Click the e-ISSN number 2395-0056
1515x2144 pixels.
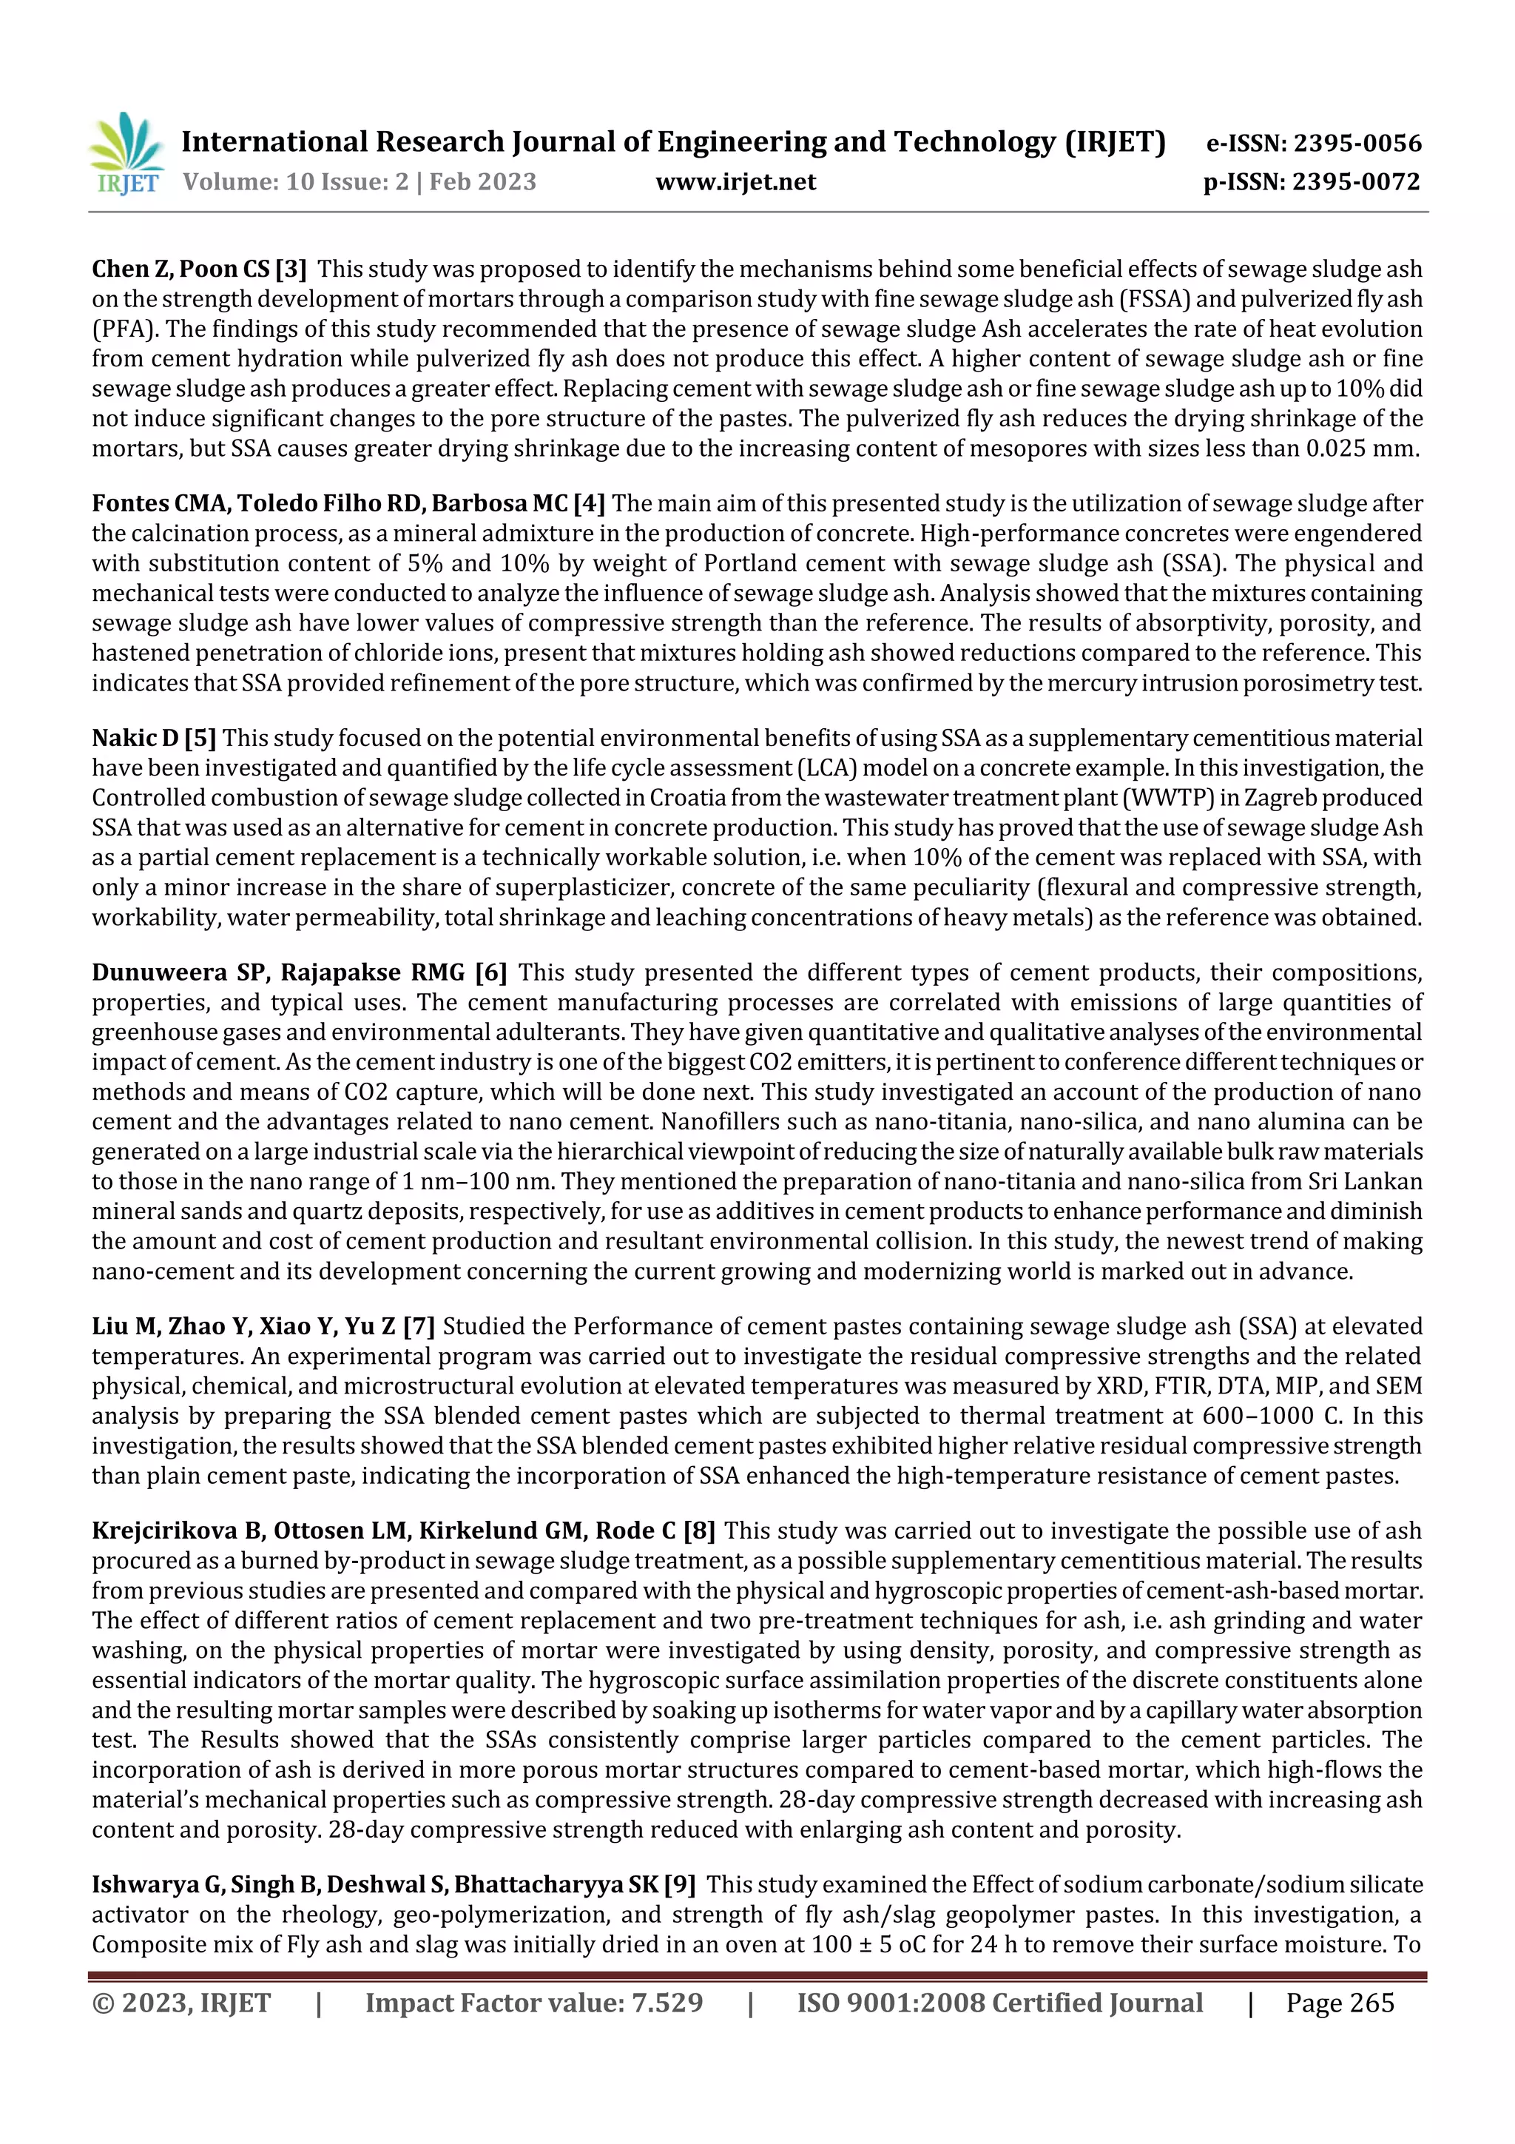pyautogui.click(x=1357, y=144)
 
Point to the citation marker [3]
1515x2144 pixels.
pyautogui.click(x=290, y=270)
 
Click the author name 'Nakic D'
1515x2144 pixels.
pyautogui.click(x=135, y=739)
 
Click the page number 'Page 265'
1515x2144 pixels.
pyautogui.click(x=1340, y=2002)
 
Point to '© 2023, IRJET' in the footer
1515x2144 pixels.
pyautogui.click(x=181, y=2002)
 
